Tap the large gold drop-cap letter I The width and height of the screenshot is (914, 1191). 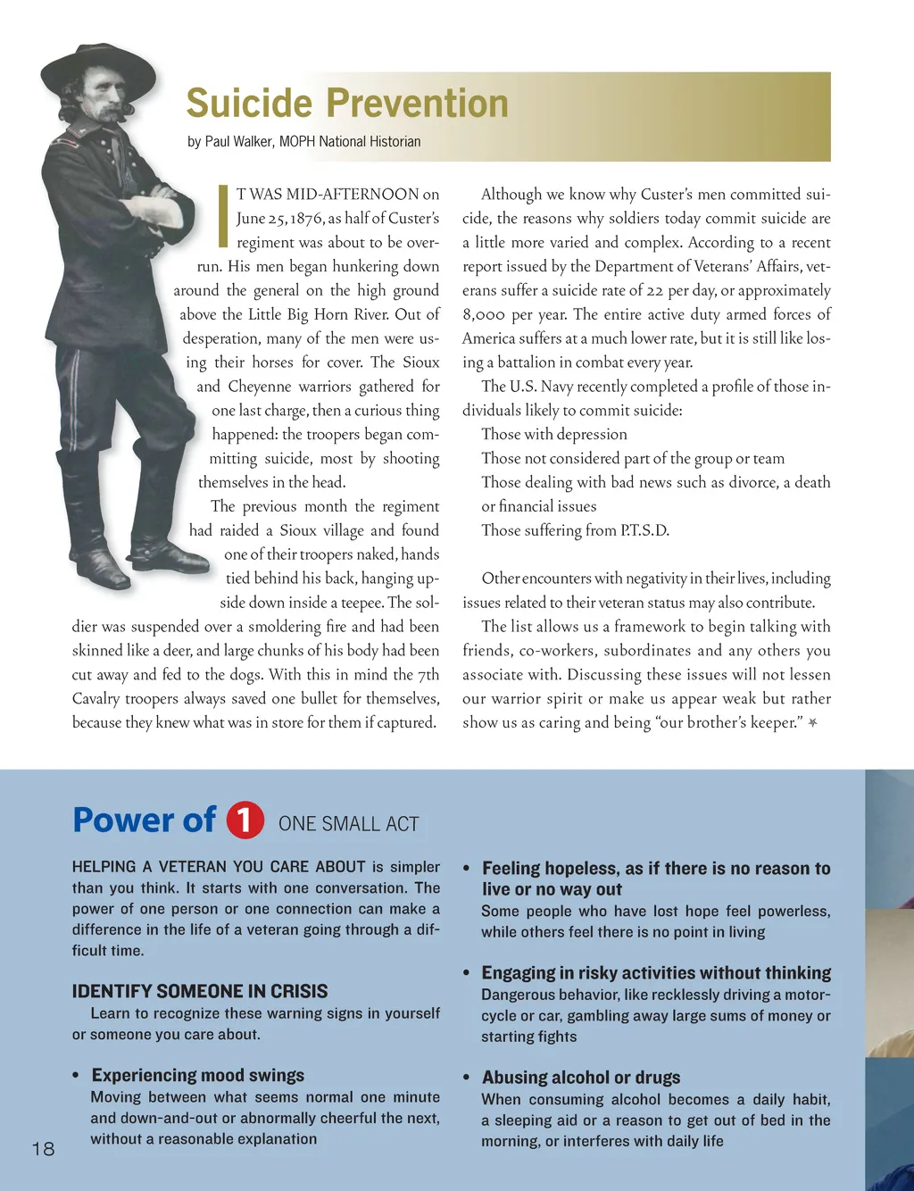tap(223, 215)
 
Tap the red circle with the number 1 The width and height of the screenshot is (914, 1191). tap(245, 820)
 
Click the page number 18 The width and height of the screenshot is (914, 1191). tap(43, 1149)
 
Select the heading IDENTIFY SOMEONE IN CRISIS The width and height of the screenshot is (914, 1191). tap(200, 991)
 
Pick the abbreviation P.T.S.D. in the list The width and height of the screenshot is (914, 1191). tap(644, 530)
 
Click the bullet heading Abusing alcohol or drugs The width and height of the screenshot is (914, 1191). tap(581, 1078)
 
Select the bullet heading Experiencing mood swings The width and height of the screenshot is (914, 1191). tap(198, 1075)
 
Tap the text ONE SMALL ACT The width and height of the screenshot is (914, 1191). tap(348, 824)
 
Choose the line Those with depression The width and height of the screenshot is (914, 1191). tap(553, 435)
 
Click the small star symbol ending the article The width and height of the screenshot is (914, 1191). tap(812, 722)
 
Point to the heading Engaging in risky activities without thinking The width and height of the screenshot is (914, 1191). tap(656, 973)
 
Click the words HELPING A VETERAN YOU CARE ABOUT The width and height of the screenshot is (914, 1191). tap(219, 867)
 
